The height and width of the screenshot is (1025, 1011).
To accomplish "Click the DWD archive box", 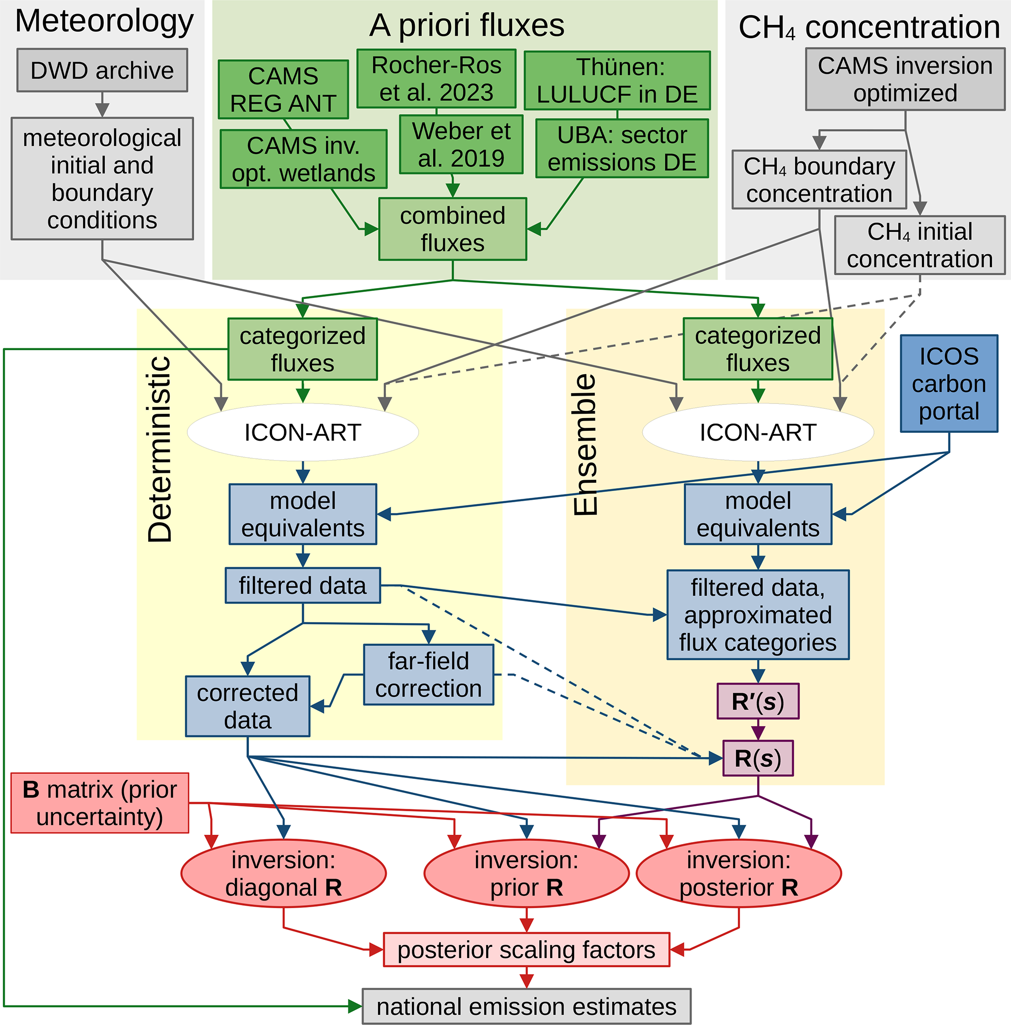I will click(102, 70).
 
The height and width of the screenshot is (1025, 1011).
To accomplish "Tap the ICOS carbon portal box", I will click(949, 383).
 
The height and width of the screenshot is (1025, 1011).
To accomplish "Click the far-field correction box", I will click(428, 675).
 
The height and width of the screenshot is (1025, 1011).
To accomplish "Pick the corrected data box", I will click(247, 706).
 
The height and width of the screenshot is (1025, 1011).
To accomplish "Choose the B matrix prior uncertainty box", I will click(100, 802).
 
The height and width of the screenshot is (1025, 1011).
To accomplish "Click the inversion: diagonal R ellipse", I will click(283, 873).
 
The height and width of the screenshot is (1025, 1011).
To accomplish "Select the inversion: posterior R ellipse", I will click(738, 873).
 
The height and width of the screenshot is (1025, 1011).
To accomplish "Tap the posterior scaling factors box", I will click(526, 950).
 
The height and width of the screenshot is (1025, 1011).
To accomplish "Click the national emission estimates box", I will click(526, 1006).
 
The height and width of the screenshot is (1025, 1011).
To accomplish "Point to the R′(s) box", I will click(757, 701).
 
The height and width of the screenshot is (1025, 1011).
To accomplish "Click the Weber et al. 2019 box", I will click(461, 144).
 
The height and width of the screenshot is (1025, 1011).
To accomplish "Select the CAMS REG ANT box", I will click(283, 89).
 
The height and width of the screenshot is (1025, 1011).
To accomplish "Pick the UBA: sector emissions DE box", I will click(622, 149).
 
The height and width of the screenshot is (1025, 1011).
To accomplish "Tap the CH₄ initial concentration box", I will click(919, 245).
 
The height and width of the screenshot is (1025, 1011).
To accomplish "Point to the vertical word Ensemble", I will click(586, 445).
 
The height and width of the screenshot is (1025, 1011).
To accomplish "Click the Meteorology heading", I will click(104, 21).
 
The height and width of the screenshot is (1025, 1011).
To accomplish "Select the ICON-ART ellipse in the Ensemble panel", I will click(757, 432).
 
